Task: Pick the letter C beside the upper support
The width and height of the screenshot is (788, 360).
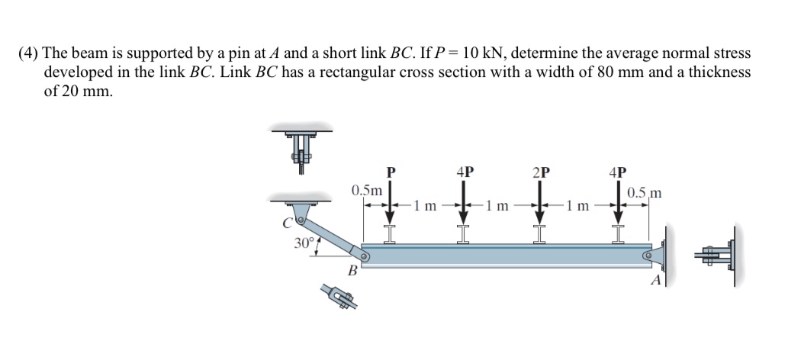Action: tap(287, 223)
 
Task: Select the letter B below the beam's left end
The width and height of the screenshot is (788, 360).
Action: tap(352, 271)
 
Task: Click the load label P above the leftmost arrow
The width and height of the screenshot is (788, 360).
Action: tap(391, 172)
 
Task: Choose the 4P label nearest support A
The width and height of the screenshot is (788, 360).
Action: tap(618, 172)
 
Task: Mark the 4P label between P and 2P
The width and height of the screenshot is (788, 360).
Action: tap(464, 172)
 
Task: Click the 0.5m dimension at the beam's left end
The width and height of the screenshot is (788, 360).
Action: tap(366, 189)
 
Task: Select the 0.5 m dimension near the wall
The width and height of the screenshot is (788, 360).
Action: tap(643, 192)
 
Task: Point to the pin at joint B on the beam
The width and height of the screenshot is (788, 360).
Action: tap(365, 257)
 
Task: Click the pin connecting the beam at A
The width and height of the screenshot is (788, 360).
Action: tap(648, 256)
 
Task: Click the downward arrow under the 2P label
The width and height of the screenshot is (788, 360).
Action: tap(541, 201)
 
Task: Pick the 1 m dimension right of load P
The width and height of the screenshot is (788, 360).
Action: tap(426, 205)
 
